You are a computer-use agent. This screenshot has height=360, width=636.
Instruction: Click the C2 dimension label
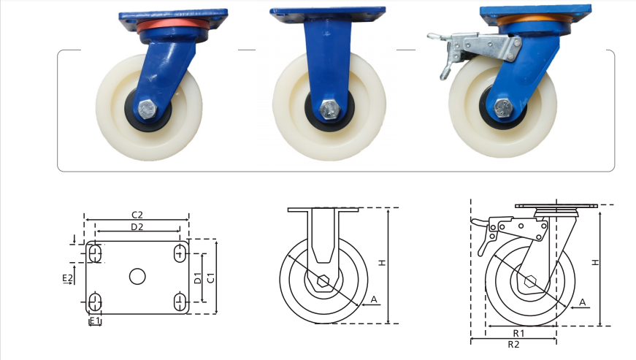coord(137,215)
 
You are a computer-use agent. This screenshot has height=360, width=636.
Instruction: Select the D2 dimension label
coord(137,226)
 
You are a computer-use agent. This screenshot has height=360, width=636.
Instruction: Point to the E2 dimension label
coord(67,277)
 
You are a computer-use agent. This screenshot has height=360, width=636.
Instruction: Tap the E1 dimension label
coord(94,321)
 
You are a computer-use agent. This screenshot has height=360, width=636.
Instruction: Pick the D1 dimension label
coord(198,278)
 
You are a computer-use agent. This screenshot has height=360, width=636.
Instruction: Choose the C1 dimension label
coord(211,278)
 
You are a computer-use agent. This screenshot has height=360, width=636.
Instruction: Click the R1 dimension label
coord(518,333)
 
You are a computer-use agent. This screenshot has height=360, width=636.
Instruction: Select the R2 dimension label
coord(513,344)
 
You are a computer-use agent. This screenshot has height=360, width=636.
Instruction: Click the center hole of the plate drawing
coord(137,276)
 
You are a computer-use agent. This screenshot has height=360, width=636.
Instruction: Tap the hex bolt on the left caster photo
coord(147,109)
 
